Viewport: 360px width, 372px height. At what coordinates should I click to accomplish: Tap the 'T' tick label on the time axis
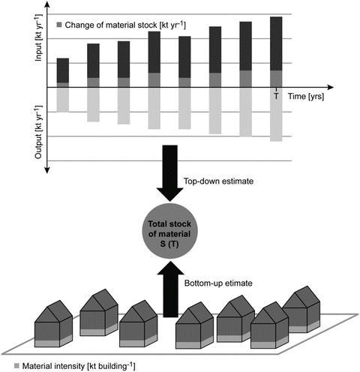point(276,97)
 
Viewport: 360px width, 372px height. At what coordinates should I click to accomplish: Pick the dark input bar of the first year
point(63,70)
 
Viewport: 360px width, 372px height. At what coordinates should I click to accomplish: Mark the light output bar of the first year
point(63,99)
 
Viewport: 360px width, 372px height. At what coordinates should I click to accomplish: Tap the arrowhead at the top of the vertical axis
point(48,7)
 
